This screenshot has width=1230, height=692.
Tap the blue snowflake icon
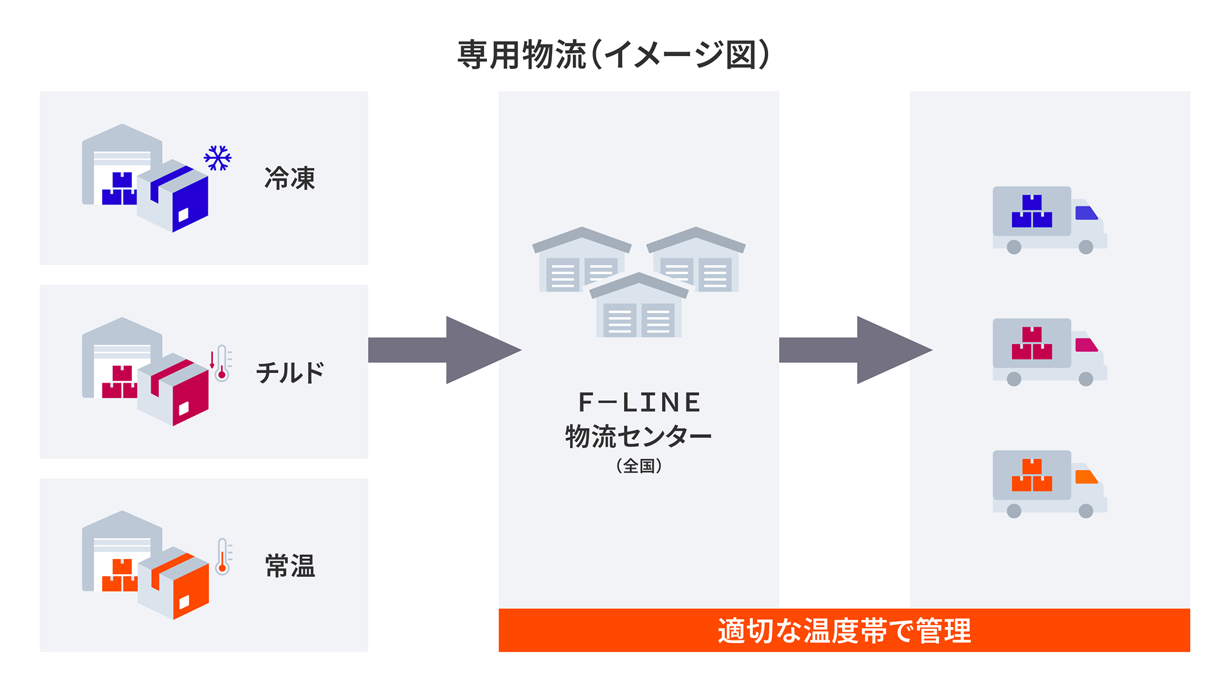click(x=217, y=158)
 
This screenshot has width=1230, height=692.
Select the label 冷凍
click(x=289, y=179)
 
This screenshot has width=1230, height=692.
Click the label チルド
click(x=289, y=373)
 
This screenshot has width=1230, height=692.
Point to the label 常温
click(x=289, y=566)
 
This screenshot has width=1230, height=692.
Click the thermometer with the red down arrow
click(x=221, y=364)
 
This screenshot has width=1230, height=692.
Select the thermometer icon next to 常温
click(x=223, y=557)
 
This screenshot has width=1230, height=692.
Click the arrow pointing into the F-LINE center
click(x=444, y=350)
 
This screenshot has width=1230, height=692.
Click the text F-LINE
click(x=639, y=403)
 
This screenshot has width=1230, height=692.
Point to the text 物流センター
click(x=638, y=437)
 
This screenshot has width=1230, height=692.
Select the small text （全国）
click(x=639, y=466)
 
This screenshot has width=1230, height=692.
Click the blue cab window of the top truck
click(x=1085, y=213)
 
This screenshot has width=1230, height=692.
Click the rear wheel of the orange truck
click(x=1014, y=511)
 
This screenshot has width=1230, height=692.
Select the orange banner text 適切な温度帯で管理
click(x=843, y=631)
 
